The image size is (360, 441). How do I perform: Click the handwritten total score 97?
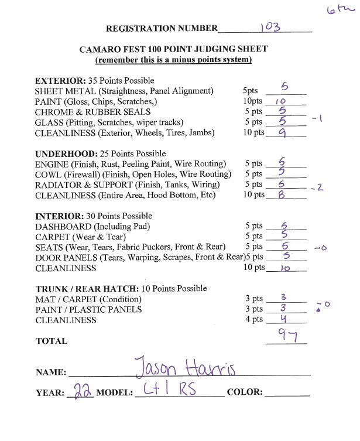tap(285, 336)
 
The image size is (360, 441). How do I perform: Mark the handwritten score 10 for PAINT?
tap(280, 101)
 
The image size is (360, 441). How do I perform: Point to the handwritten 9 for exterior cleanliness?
tap(284, 132)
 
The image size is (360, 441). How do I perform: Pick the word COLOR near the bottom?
tap(246, 392)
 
